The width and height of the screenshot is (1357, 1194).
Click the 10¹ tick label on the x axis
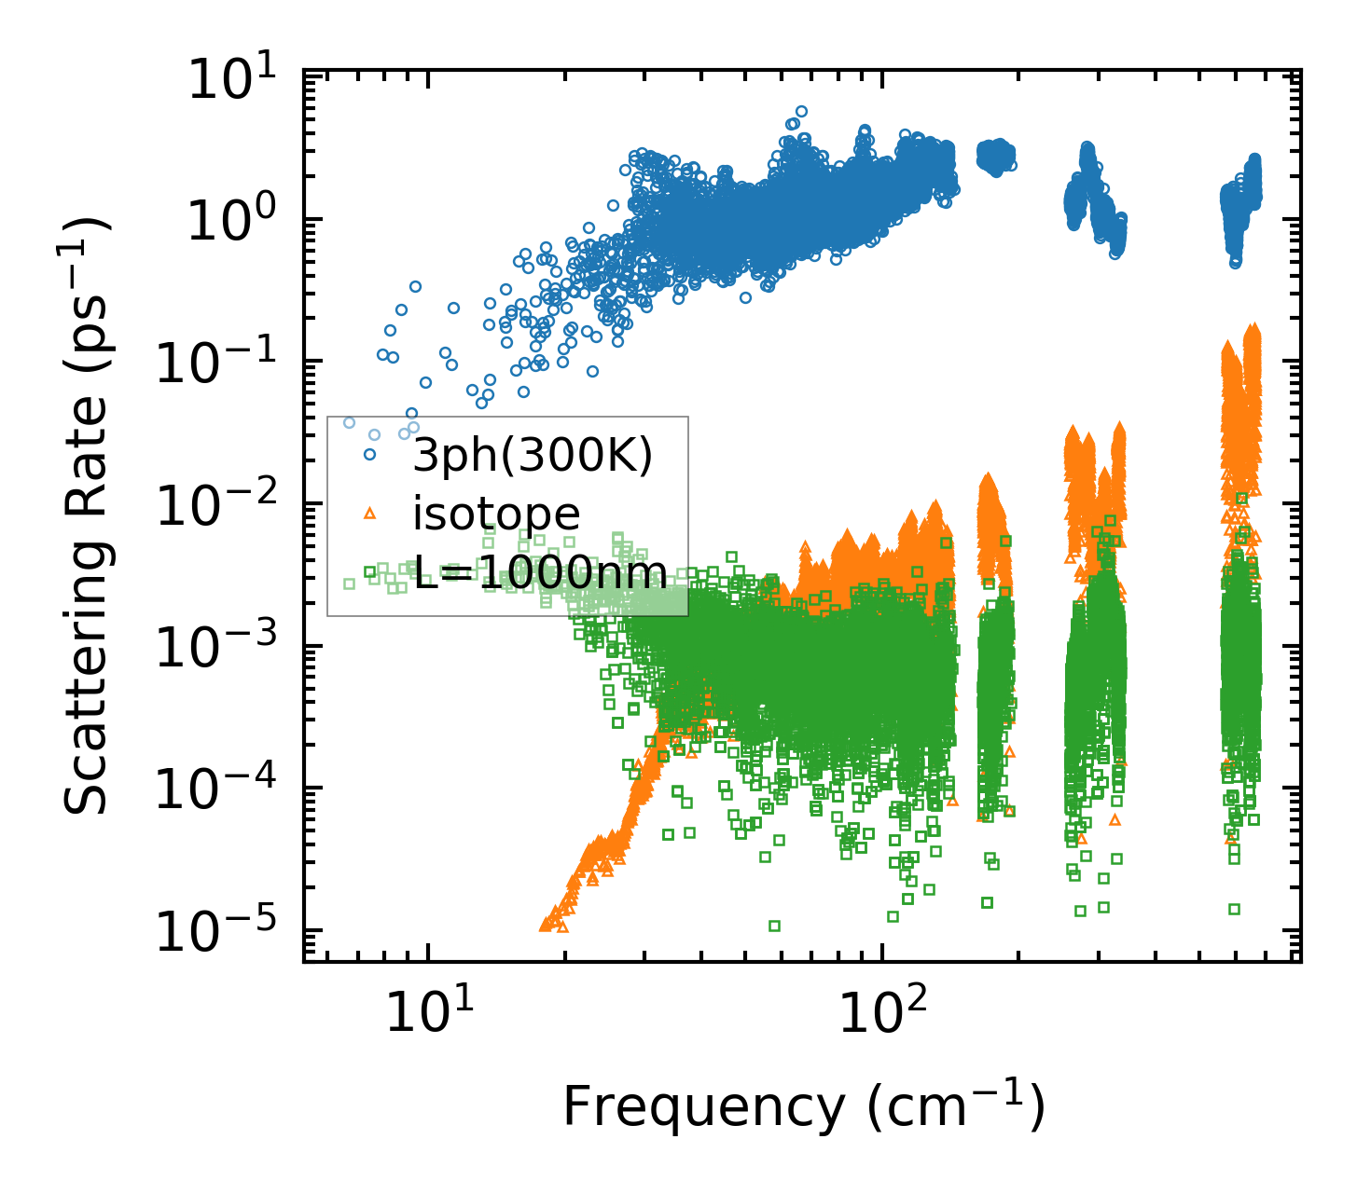click(x=425, y=1012)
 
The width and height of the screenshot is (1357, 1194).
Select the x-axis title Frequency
click(x=803, y=1106)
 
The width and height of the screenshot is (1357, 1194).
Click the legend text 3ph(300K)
click(x=533, y=457)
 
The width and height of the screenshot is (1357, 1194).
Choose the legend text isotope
click(x=496, y=514)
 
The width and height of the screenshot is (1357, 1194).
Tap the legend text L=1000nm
click(x=540, y=570)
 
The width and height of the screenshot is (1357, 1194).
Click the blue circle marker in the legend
click(x=370, y=455)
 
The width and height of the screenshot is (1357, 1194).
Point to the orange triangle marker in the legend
click(x=370, y=513)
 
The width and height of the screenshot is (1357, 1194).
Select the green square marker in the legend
click(x=370, y=571)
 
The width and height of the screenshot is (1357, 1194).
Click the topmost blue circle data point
click(x=801, y=111)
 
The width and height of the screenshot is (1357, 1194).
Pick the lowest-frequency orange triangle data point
click(x=545, y=925)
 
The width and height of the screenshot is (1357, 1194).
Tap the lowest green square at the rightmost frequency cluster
click(x=1234, y=909)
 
